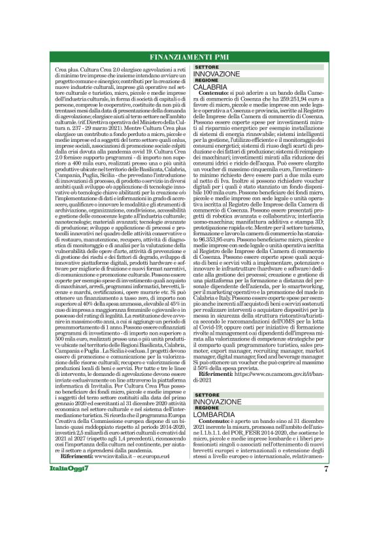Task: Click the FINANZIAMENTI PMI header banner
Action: (189, 55)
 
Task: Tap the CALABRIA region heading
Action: (210, 86)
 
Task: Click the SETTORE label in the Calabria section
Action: (206, 67)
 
